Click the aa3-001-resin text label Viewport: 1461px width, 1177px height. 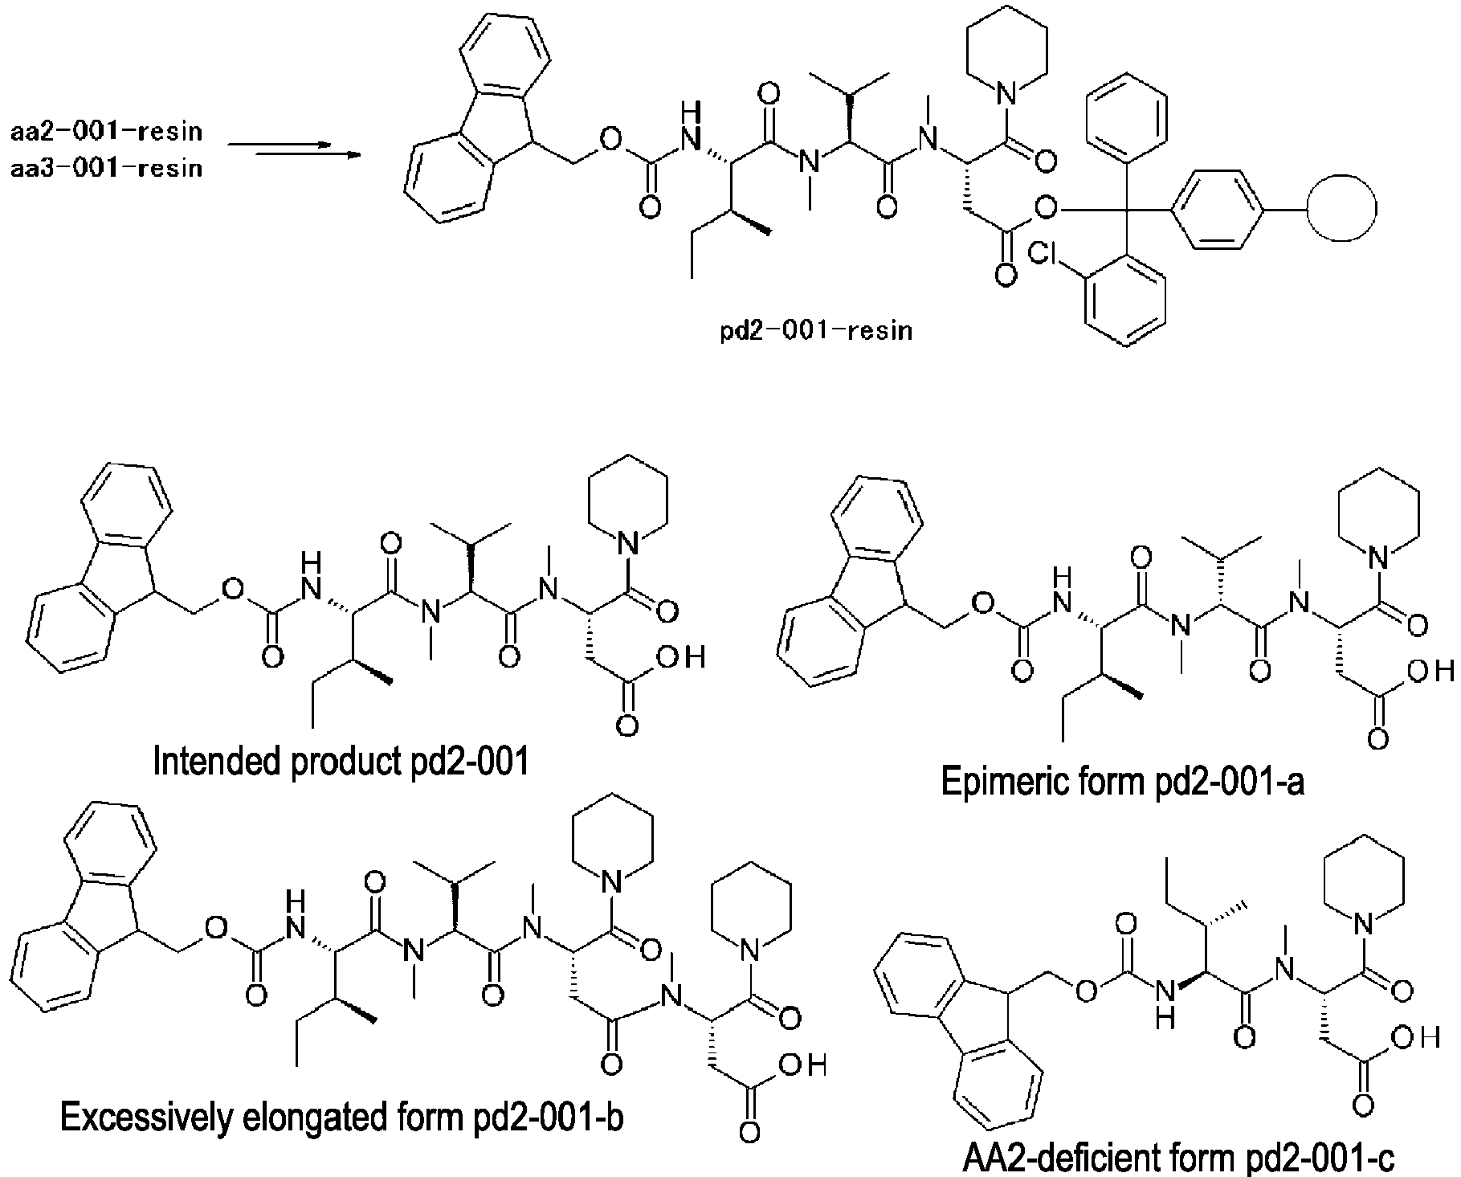coord(107,169)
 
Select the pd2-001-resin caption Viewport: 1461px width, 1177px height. coord(816,330)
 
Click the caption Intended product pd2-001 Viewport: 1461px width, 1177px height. coord(341,762)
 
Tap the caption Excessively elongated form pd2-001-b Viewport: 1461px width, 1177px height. coord(341,1116)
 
